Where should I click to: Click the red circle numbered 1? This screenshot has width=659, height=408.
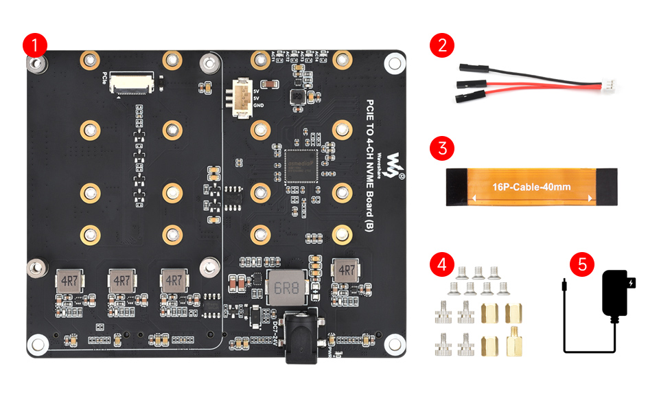34,45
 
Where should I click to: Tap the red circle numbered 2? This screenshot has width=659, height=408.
442,45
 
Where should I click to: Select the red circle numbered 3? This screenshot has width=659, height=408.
442,148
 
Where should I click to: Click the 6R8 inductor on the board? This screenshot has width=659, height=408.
284,288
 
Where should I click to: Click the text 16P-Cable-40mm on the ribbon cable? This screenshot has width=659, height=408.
531,187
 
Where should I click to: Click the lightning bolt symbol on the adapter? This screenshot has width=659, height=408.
633,282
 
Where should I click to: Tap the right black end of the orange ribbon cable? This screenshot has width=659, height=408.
608,187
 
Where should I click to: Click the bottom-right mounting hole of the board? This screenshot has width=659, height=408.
394,342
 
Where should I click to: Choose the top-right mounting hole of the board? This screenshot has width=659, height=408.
394,64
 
